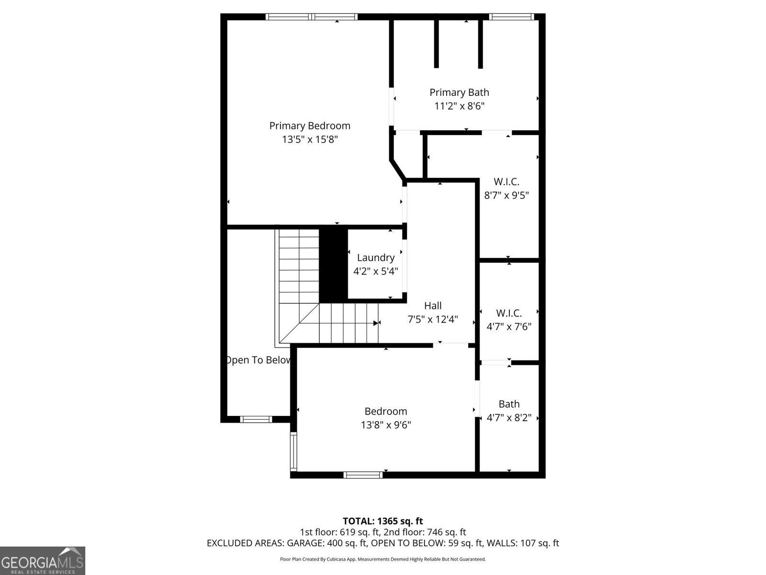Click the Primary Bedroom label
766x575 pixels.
310,126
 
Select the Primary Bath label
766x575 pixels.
459,92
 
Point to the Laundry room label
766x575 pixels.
376,258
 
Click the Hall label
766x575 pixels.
433,306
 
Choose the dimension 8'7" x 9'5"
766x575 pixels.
507,195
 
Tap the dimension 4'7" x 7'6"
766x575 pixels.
509,327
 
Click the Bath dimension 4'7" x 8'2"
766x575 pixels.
509,418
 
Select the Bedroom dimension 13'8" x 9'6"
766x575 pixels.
386,425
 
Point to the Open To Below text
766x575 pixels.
259,360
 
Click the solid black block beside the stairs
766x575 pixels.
333,264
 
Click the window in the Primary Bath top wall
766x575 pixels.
511,17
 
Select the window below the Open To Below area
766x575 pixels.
256,419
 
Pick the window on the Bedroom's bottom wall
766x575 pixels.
363,475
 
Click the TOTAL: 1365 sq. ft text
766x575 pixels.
383,521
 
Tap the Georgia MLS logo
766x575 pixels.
42,560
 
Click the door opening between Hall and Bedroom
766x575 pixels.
451,344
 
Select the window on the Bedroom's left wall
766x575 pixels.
293,452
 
